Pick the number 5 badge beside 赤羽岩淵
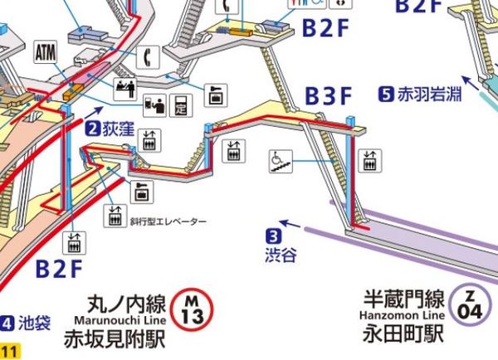coord(385,94)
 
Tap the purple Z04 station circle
coord(471,305)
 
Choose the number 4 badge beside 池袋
coord(7,322)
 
